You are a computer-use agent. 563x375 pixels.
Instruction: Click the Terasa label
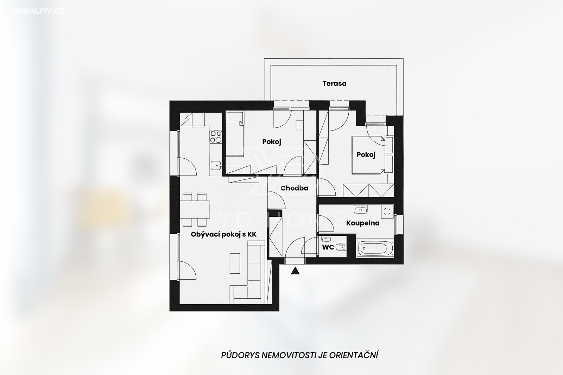(x=334, y=83)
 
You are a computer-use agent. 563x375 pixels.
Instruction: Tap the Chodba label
(x=294, y=188)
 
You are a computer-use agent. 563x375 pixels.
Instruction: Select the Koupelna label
(x=363, y=223)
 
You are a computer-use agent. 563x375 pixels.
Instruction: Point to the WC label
(x=328, y=247)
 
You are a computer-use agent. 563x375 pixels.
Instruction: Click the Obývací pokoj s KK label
(x=223, y=234)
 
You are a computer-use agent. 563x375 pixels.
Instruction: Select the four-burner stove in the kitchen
(x=216, y=137)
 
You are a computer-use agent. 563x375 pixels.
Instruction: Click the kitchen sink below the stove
(x=216, y=165)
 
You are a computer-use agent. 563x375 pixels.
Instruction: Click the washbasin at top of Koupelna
(x=360, y=209)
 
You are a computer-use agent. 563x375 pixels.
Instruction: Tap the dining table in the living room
(x=195, y=210)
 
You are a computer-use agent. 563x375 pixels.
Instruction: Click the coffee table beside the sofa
(x=235, y=263)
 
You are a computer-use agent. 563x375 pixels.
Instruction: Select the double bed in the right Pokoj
(x=369, y=155)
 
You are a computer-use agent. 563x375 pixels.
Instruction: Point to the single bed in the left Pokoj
(x=235, y=134)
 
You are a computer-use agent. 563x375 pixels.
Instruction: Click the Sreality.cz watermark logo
(x=38, y=11)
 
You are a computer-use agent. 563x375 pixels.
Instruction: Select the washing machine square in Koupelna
(x=387, y=211)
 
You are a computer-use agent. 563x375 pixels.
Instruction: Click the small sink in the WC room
(x=326, y=239)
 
